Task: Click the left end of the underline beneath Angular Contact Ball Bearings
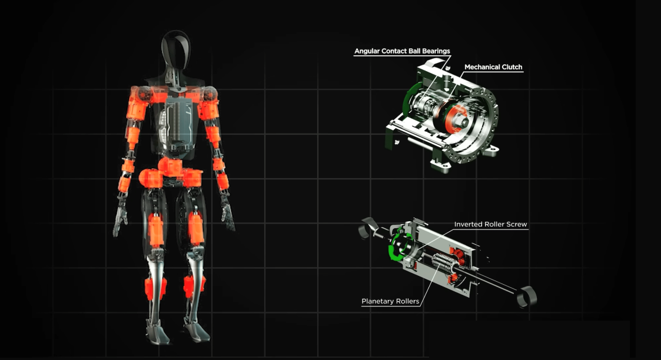coord(354,55)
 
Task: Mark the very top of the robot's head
coord(175,31)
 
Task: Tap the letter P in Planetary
coord(364,301)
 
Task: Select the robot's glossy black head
coord(176,49)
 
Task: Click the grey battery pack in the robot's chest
coord(177,123)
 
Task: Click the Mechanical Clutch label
coord(493,67)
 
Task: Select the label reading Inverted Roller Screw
coord(491,224)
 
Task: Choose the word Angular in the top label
coord(367,51)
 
